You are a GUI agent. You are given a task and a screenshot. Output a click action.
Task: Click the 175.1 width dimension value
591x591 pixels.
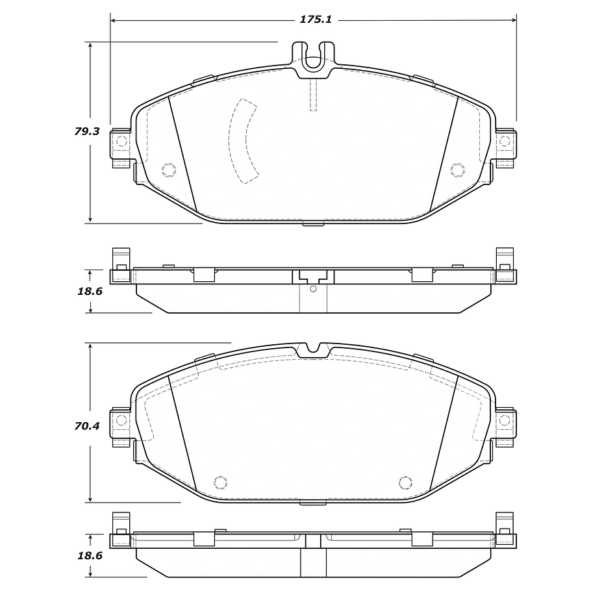point(315,19)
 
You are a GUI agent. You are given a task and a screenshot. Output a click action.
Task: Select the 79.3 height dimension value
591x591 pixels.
point(86,131)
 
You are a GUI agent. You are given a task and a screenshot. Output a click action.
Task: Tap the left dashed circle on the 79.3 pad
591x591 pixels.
point(168,170)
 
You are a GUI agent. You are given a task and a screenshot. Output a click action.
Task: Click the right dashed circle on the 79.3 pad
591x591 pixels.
point(457,170)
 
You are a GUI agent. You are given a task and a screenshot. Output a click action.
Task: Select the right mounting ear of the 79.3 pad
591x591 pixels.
point(505,149)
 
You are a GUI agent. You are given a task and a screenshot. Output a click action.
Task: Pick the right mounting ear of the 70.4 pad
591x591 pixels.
point(505,427)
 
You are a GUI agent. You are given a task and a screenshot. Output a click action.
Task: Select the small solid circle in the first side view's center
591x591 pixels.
point(313,288)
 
